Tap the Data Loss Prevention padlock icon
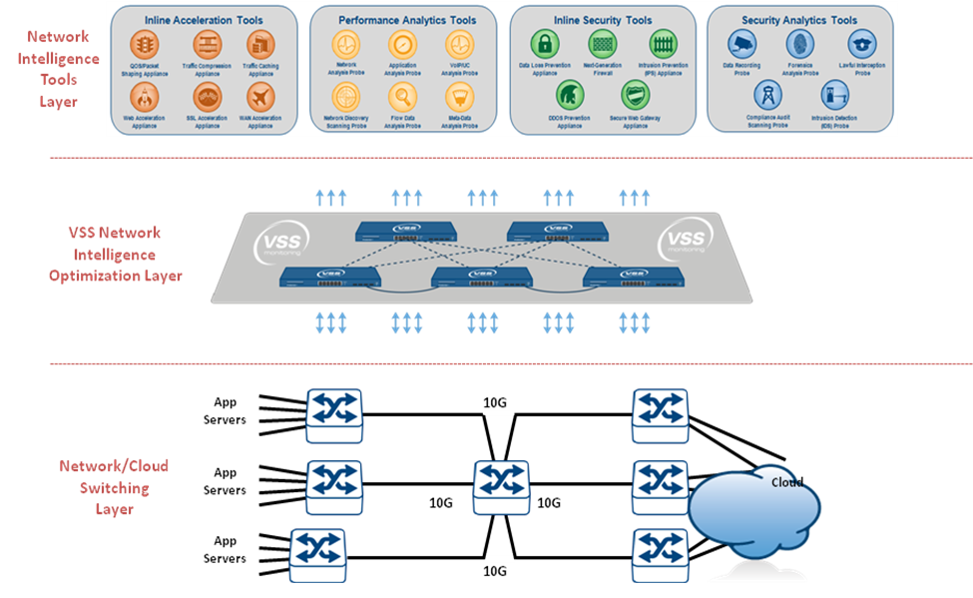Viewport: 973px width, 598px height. (x=545, y=44)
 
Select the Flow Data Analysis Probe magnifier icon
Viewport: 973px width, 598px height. (x=402, y=97)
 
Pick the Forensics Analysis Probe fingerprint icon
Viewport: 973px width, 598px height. (x=799, y=43)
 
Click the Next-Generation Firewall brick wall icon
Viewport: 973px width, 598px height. (x=604, y=44)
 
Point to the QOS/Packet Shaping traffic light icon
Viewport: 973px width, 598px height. (x=144, y=45)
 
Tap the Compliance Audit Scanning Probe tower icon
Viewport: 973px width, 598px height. (x=768, y=96)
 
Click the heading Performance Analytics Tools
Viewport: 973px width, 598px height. (x=407, y=19)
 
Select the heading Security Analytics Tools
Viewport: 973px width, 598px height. (x=799, y=19)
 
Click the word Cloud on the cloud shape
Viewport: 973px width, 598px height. (x=787, y=482)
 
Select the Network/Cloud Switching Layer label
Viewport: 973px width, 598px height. (x=114, y=488)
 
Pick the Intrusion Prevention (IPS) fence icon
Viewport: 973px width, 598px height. (x=663, y=44)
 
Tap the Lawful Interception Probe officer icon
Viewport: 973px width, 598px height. (x=861, y=43)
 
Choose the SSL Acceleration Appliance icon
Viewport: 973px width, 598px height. (x=206, y=96)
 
